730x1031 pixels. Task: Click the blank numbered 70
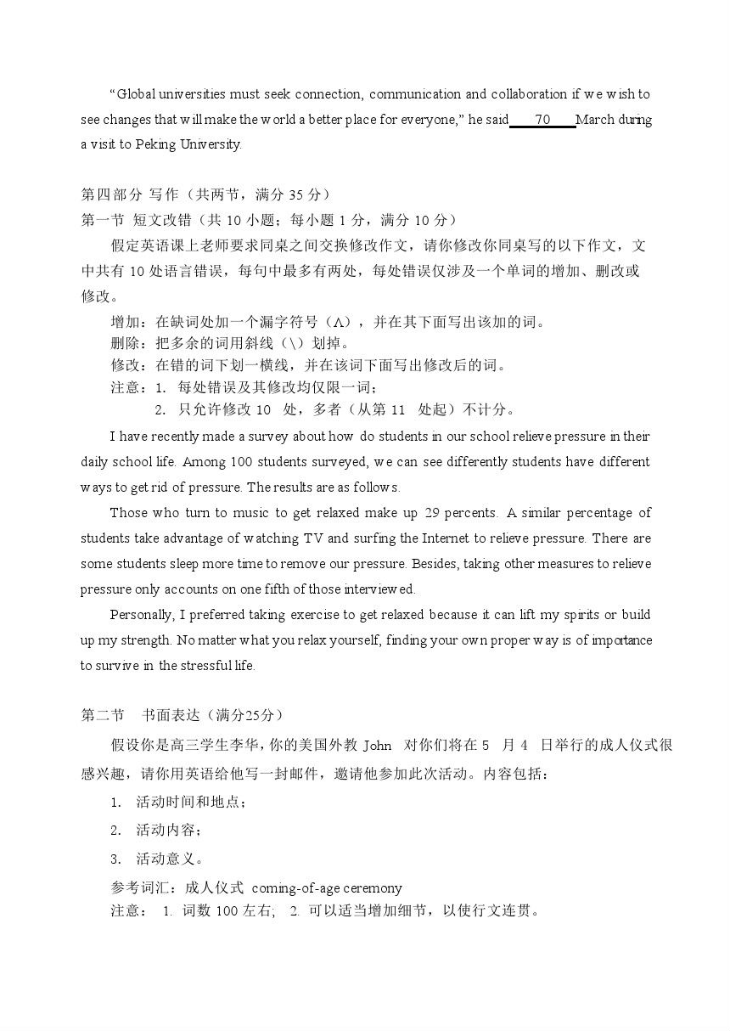[x=543, y=120]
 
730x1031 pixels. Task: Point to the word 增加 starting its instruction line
[x=126, y=322]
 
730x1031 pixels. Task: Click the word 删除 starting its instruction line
[x=126, y=344]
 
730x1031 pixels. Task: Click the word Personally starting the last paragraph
[x=142, y=615]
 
